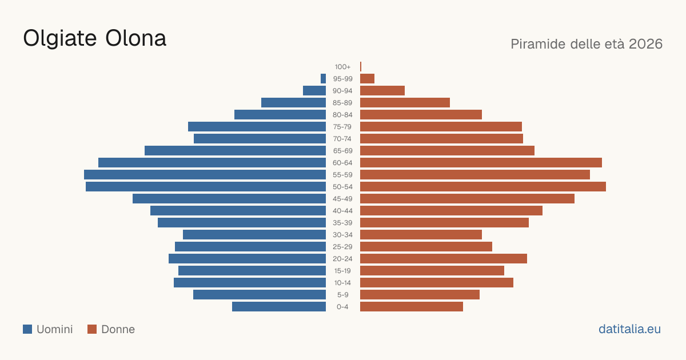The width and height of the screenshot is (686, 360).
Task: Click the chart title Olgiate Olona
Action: coord(95,39)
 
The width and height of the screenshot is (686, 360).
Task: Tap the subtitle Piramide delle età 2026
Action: coord(587,44)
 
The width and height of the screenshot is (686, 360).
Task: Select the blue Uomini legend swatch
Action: coord(27,329)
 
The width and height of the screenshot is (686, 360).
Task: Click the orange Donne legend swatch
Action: coord(92,329)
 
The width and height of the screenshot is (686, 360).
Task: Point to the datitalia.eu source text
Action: coord(629,329)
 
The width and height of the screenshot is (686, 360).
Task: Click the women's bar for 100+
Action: coord(361,66)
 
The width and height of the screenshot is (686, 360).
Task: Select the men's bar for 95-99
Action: coord(323,78)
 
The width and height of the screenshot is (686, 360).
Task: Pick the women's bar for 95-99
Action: coord(367,78)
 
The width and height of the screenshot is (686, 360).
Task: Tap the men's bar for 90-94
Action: coord(314,91)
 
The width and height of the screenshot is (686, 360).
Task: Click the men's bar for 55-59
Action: coord(205,174)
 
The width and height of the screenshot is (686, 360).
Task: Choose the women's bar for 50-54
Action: coord(483,187)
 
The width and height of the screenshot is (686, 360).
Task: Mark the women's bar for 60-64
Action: coord(481,162)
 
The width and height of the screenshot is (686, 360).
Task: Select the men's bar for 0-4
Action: coord(279,307)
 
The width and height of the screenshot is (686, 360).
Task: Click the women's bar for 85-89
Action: coord(405,102)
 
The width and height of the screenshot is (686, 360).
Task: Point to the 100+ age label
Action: coord(342,67)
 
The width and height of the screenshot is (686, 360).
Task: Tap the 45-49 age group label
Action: coord(342,199)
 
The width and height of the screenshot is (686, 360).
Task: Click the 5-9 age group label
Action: coord(342,295)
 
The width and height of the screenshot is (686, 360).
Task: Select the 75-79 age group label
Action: coord(342,127)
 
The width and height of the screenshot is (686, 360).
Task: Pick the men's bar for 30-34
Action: coord(254,235)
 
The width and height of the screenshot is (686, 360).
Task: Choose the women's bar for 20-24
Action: coord(444,259)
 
